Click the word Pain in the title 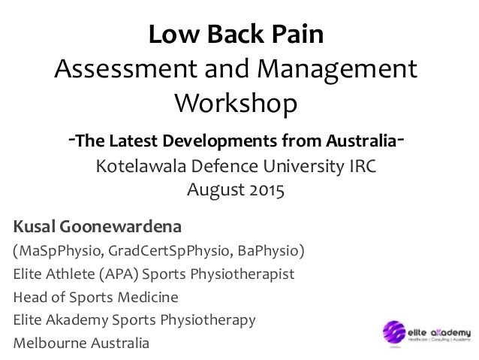(297, 34)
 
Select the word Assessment (125, 68)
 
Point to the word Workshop (236, 104)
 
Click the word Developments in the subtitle (219, 141)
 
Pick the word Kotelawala (141, 166)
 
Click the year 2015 (267, 189)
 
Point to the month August (216, 190)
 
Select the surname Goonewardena (120, 227)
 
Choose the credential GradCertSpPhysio (170, 251)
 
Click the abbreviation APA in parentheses (119, 274)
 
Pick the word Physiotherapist (243, 274)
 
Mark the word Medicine (148, 297)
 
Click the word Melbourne (50, 343)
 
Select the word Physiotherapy (208, 320)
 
